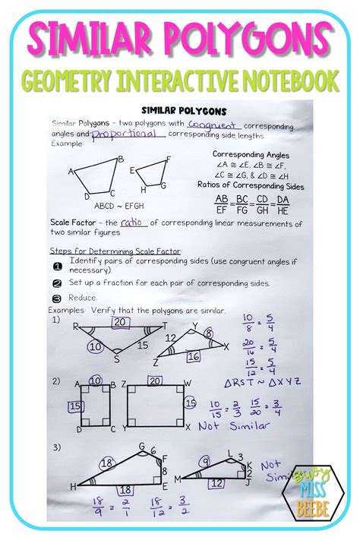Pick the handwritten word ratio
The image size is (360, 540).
point(133,223)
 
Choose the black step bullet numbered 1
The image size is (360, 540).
point(57,265)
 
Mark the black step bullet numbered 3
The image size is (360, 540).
point(57,298)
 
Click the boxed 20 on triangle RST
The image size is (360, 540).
point(119,322)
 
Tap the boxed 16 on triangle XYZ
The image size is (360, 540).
point(194,355)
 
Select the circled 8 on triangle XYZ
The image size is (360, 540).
point(209,333)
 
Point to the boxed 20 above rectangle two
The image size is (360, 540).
point(155,381)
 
